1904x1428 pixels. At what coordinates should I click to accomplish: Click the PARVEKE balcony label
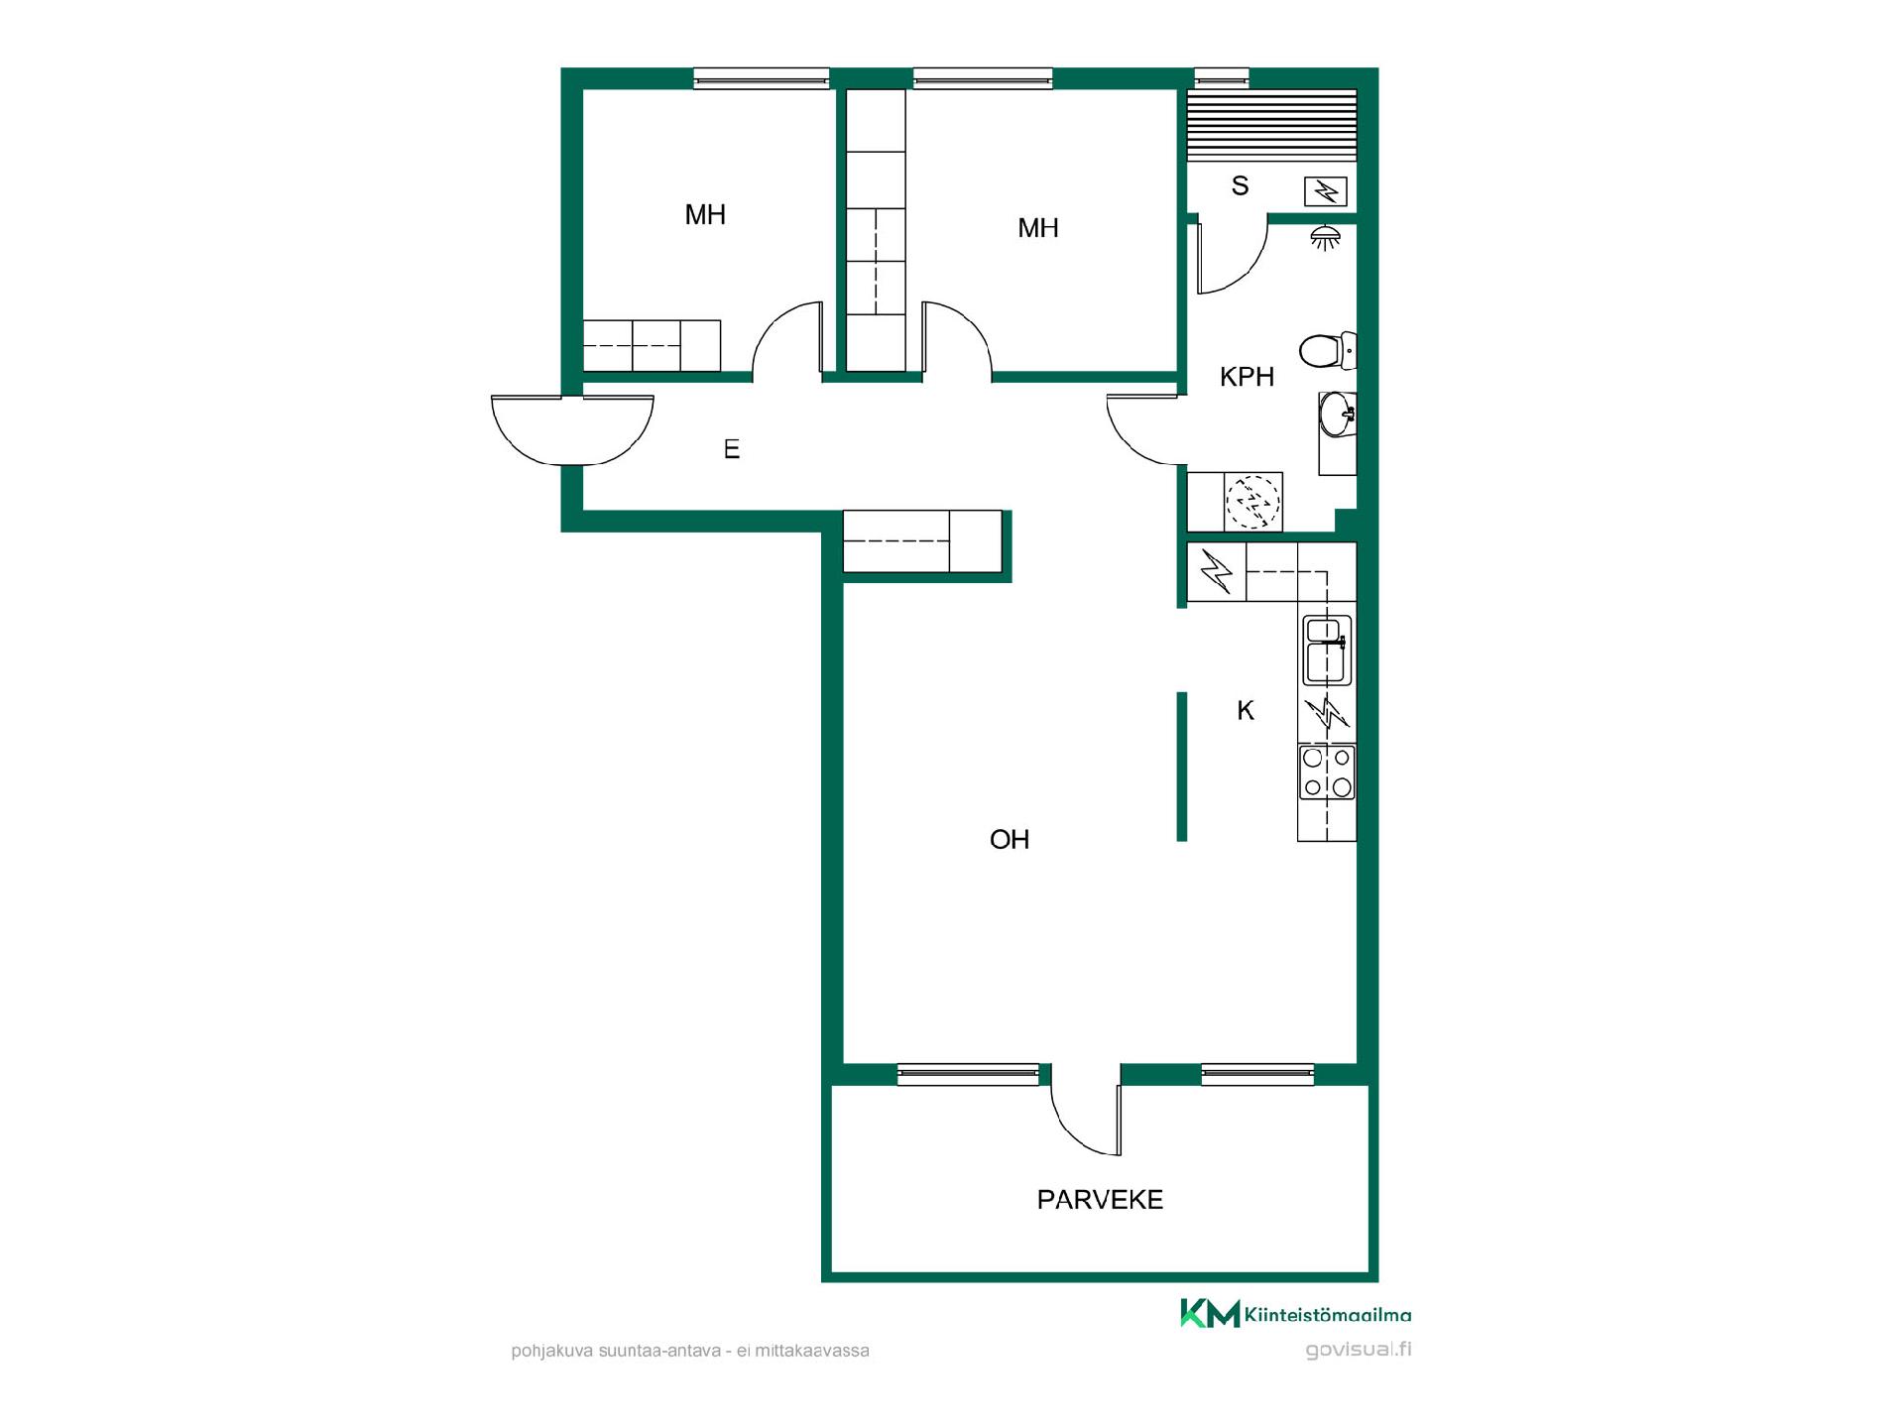click(x=1100, y=1200)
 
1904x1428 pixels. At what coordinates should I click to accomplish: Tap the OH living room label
click(x=1010, y=840)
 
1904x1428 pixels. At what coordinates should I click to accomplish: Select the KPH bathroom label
click(x=1247, y=377)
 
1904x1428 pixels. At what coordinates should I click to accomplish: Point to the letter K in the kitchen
click(x=1246, y=710)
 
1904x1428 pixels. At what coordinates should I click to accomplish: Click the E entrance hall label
click(x=732, y=449)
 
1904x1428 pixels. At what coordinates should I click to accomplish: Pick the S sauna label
click(x=1240, y=185)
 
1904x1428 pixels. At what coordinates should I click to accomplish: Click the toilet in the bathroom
click(x=1327, y=351)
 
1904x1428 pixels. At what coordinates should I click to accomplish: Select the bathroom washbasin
click(x=1337, y=414)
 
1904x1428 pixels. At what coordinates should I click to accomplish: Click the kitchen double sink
click(x=1327, y=651)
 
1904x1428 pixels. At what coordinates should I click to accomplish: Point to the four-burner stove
click(x=1327, y=773)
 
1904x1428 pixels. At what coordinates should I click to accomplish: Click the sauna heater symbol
click(x=1326, y=190)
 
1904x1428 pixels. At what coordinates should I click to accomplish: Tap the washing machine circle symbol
click(x=1253, y=502)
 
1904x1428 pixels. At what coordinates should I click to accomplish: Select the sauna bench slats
click(x=1272, y=125)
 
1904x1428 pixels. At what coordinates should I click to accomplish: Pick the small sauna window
click(x=1222, y=78)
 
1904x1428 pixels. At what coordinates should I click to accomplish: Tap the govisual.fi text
click(x=1359, y=1349)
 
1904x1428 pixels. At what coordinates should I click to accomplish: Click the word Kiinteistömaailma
click(x=1328, y=1315)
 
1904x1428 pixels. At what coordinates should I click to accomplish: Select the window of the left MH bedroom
click(x=762, y=78)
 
